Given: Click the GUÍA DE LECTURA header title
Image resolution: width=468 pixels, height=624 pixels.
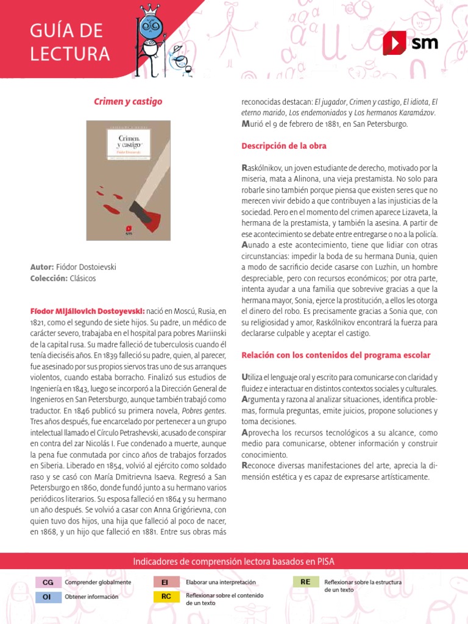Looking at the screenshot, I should (x=67, y=42).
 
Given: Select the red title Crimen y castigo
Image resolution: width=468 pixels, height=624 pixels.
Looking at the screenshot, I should (x=128, y=101).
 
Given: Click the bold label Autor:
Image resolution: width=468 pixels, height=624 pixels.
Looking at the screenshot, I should (x=42, y=267).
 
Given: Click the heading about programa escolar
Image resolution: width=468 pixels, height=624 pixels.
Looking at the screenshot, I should (x=336, y=355).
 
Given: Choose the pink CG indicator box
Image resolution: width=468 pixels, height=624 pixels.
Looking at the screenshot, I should (x=48, y=583).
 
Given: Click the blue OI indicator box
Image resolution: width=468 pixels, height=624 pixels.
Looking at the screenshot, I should (x=48, y=597).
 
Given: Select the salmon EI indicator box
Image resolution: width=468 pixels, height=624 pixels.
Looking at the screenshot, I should (x=166, y=583).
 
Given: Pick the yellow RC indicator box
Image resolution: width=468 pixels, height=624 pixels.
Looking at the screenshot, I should (x=166, y=597).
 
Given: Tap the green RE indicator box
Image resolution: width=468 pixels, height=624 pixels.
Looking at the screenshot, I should (x=306, y=582).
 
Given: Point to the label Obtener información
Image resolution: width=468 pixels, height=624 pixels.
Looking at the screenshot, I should (x=92, y=597).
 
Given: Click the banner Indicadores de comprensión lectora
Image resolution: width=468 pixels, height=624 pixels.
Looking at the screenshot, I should (x=233, y=561).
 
